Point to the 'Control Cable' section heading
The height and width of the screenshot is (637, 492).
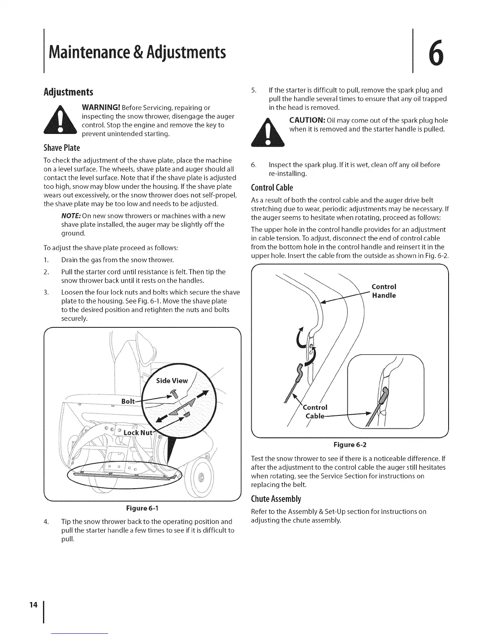point(272,187)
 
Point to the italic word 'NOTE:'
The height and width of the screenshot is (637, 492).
point(70,216)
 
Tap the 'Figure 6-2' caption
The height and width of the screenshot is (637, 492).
point(350,445)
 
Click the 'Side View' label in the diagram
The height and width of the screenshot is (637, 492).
point(172,381)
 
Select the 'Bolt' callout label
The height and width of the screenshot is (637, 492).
point(128,402)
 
